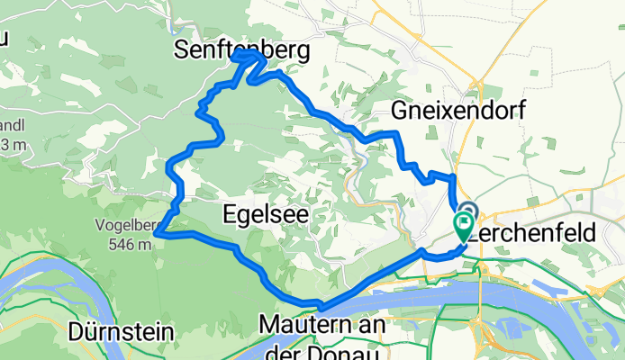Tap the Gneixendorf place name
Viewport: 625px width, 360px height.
[x=458, y=110]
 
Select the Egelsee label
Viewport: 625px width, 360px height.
[x=265, y=213]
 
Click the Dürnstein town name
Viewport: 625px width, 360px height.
[x=121, y=332]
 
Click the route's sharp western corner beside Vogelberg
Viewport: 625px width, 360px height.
[x=157, y=234]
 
